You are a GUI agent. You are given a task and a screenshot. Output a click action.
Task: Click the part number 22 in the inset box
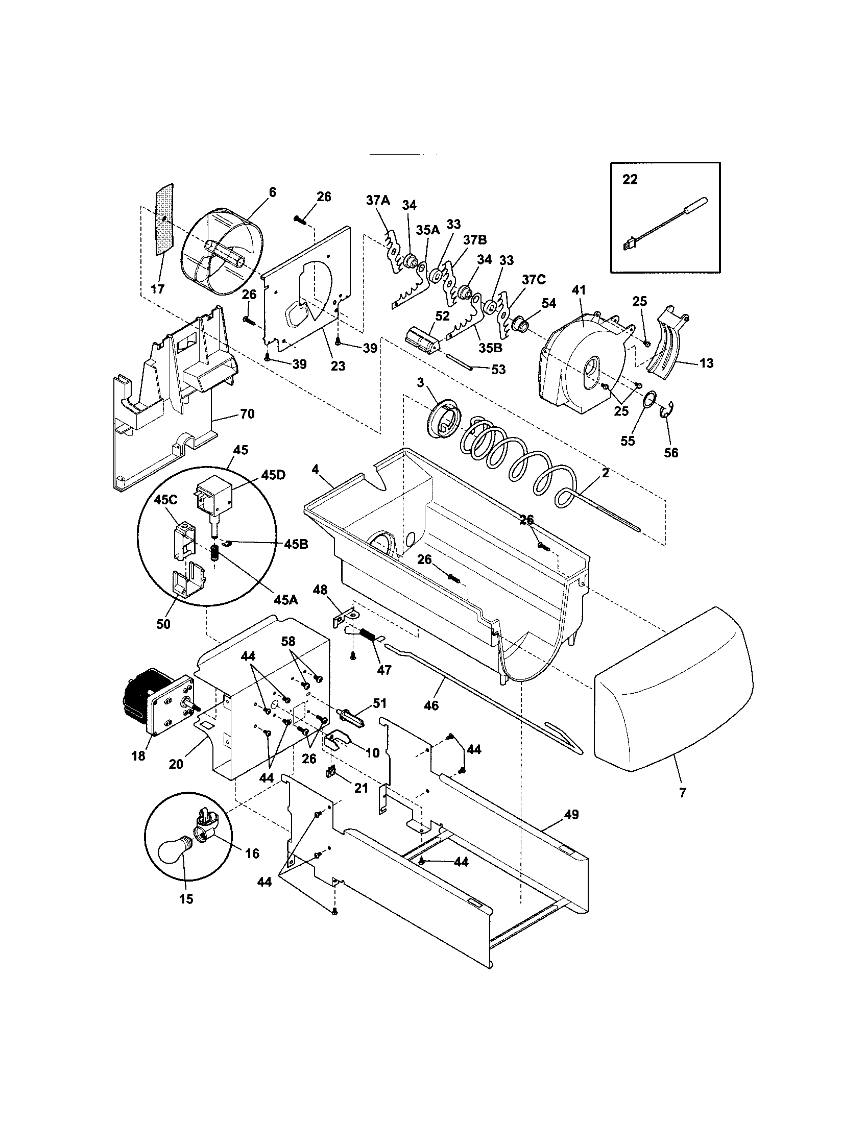pyautogui.click(x=630, y=180)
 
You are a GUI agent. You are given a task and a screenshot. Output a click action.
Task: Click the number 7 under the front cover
pyautogui.click(x=682, y=793)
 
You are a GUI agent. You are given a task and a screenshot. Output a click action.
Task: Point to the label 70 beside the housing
pyautogui.click(x=247, y=413)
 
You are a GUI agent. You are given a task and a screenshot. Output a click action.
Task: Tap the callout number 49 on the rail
pyautogui.click(x=571, y=815)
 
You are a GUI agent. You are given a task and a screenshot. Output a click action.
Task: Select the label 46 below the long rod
pyautogui.click(x=431, y=705)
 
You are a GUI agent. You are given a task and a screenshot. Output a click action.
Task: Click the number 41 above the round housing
pyautogui.click(x=579, y=290)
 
